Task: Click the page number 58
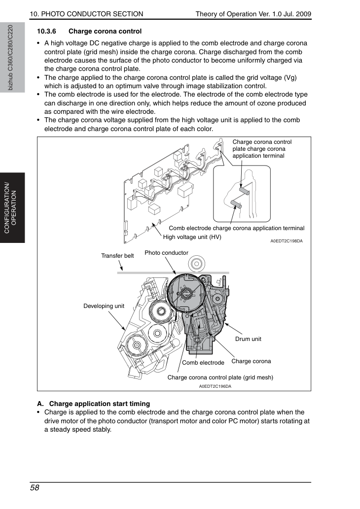tap(35, 488)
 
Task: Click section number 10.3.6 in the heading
tap(46, 32)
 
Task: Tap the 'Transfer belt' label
tap(117, 256)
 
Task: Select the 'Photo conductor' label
tap(166, 253)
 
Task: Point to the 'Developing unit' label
tap(104, 306)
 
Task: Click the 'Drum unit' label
tap(248, 339)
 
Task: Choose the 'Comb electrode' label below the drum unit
tap(203, 363)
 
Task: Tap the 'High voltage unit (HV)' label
tap(192, 237)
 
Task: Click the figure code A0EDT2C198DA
tap(286, 241)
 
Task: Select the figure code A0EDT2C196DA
tap(215, 386)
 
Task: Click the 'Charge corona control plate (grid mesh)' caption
tap(220, 377)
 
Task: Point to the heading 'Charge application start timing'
tap(100, 404)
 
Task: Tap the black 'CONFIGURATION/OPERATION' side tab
tap(12, 208)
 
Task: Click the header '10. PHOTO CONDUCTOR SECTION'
tap(86, 14)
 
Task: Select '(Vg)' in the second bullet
tap(290, 77)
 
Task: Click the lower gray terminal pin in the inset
tap(236, 204)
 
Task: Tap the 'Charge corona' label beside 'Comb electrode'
tap(251, 361)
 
